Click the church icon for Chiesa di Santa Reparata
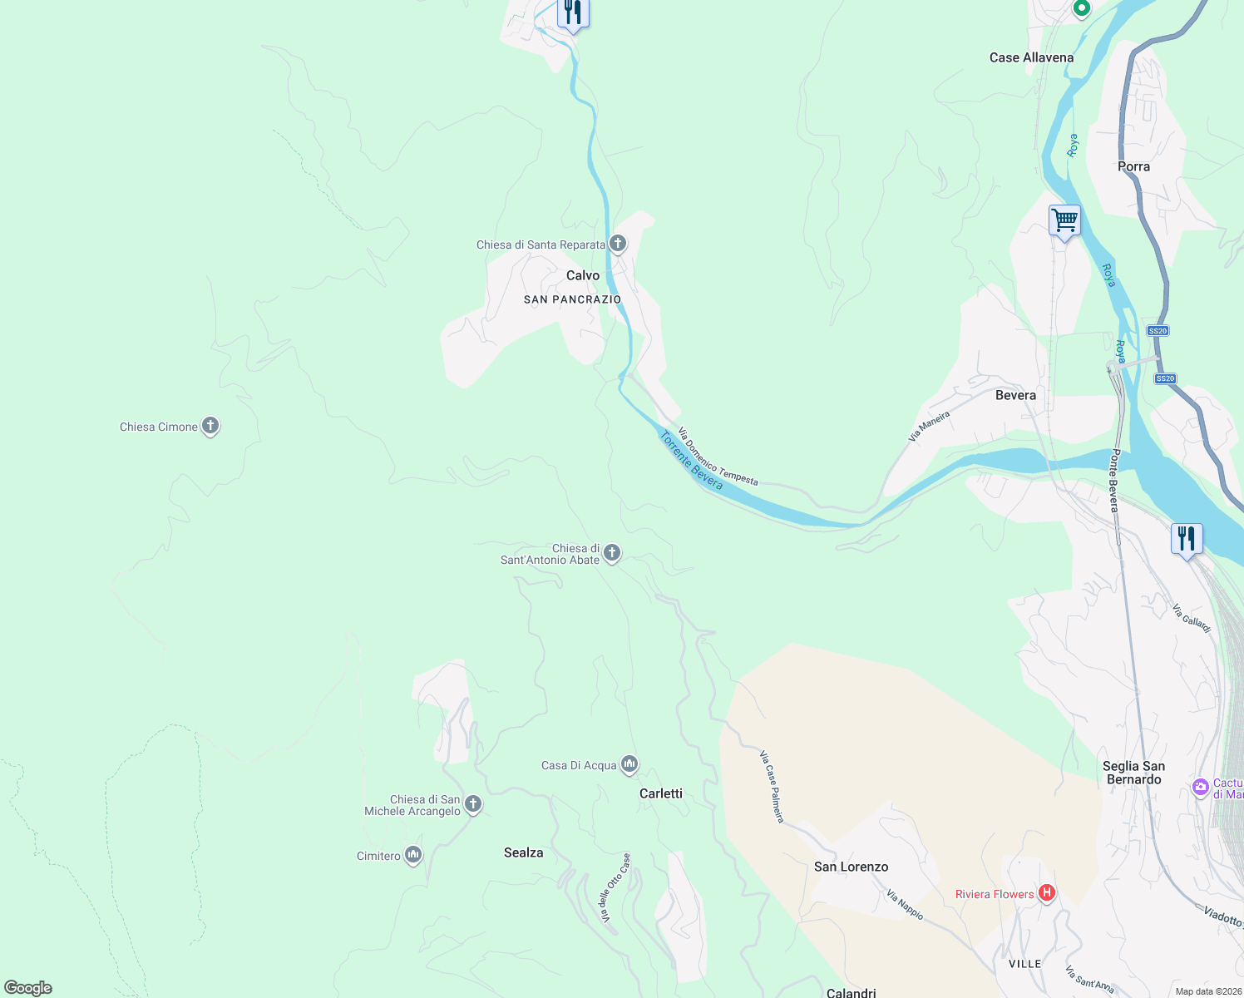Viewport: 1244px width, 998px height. pos(618,244)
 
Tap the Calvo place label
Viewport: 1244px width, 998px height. pos(583,275)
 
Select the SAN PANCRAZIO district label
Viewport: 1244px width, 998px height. pos(572,299)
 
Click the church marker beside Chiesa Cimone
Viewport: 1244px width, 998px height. pos(210,426)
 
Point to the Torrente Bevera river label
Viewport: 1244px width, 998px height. pos(691,460)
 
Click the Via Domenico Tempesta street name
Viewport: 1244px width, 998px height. pos(718,457)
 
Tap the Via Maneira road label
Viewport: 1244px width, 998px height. pos(929,425)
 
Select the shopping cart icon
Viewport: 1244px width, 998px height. pos(1064,221)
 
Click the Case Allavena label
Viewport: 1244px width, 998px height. pos(1031,57)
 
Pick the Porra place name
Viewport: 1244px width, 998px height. pos(1133,166)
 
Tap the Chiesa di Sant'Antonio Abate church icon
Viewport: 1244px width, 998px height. pos(612,552)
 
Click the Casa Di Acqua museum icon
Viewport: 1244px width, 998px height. pos(629,763)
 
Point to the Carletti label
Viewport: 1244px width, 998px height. pos(661,793)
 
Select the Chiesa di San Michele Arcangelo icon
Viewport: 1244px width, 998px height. pos(473,803)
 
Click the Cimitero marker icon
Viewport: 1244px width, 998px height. pos(413,855)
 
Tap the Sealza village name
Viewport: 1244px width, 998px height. pos(524,852)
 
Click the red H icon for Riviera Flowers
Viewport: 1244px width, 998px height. pos(1047,893)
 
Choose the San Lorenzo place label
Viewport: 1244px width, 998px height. pos(851,867)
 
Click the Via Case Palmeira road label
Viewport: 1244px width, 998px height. pos(772,786)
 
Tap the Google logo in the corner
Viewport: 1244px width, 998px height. pos(28,988)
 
